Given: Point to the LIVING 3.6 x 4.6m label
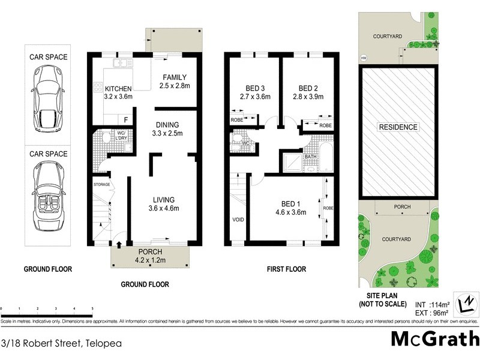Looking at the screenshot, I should click(163, 204).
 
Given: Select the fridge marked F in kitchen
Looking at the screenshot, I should click(126, 119).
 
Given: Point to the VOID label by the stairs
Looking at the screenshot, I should click(238, 220).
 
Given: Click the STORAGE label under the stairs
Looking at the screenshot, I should click(101, 184).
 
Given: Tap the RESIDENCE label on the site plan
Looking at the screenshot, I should click(398, 127).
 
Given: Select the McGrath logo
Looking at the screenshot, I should click(435, 339).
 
